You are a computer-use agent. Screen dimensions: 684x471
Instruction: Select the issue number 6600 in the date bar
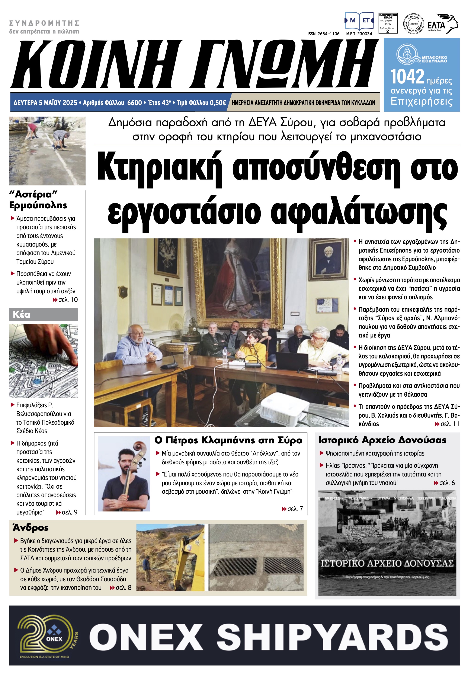135,103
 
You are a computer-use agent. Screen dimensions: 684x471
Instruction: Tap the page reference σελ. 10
65,300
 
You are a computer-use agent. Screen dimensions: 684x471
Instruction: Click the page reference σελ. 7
292,509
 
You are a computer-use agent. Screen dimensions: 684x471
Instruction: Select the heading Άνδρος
30,528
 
